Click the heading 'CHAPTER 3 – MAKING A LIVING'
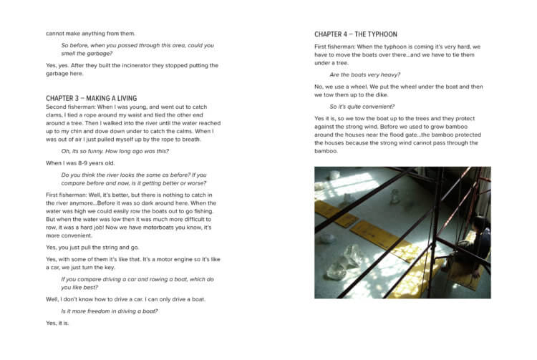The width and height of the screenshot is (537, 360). tap(91, 98)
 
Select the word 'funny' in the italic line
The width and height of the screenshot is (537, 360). tap(95, 151)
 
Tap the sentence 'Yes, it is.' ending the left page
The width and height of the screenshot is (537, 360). tap(57, 323)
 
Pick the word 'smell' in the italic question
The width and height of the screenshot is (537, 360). tap(72, 54)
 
